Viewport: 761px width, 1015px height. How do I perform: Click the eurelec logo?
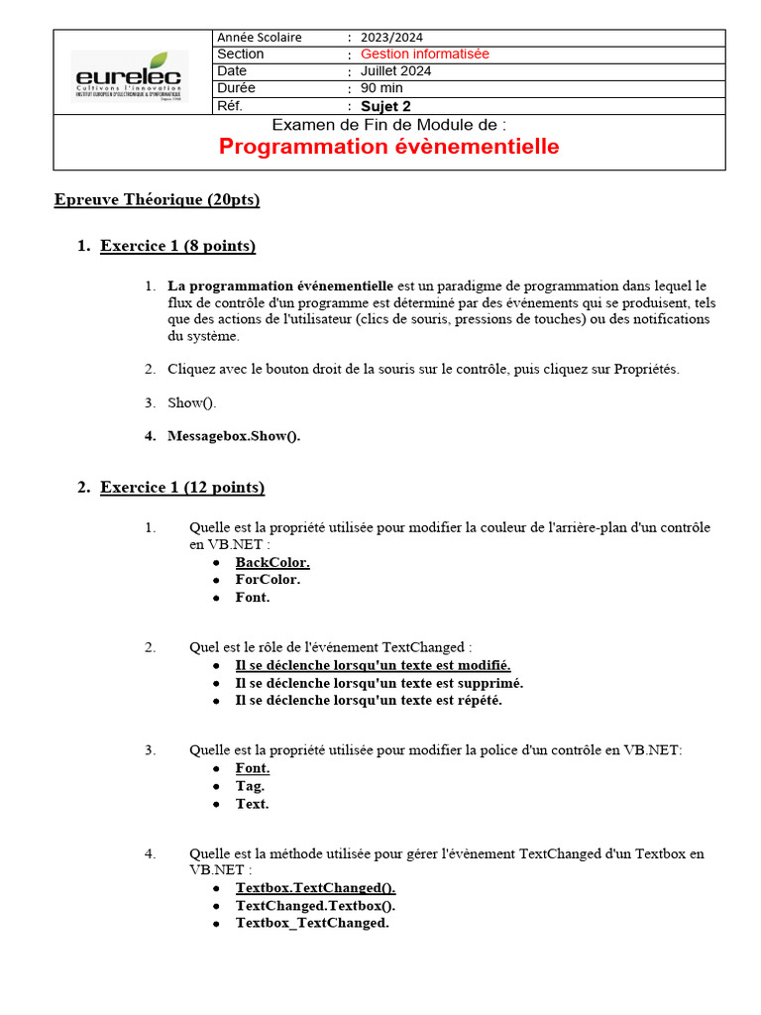pos(130,74)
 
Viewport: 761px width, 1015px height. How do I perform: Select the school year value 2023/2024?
pos(391,37)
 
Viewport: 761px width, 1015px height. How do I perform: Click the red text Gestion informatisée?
pos(424,54)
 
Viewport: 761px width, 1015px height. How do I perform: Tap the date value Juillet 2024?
pos(395,71)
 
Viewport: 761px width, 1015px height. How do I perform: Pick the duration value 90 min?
pos(381,88)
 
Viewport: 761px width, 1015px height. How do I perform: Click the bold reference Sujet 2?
pos(385,106)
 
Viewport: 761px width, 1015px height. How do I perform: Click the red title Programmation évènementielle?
pos(388,147)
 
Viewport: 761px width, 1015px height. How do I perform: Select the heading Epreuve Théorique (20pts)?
pos(157,200)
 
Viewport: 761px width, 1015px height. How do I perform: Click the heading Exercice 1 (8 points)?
pos(178,246)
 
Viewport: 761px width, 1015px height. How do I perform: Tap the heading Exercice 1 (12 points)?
pos(182,488)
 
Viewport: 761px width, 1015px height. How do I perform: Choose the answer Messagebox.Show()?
pos(234,436)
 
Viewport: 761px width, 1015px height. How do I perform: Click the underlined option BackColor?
pos(272,562)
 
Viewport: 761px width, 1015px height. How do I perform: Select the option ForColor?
pos(268,580)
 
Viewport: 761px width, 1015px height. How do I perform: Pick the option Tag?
pos(250,786)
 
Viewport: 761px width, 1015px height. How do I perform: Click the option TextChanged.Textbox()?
pos(315,905)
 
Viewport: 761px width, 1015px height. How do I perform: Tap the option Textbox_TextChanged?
pos(312,923)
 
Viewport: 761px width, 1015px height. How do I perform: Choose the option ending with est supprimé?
pos(380,683)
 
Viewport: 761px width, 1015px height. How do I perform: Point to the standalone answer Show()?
pos(191,402)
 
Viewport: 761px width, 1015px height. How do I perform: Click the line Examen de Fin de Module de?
pos(388,125)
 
